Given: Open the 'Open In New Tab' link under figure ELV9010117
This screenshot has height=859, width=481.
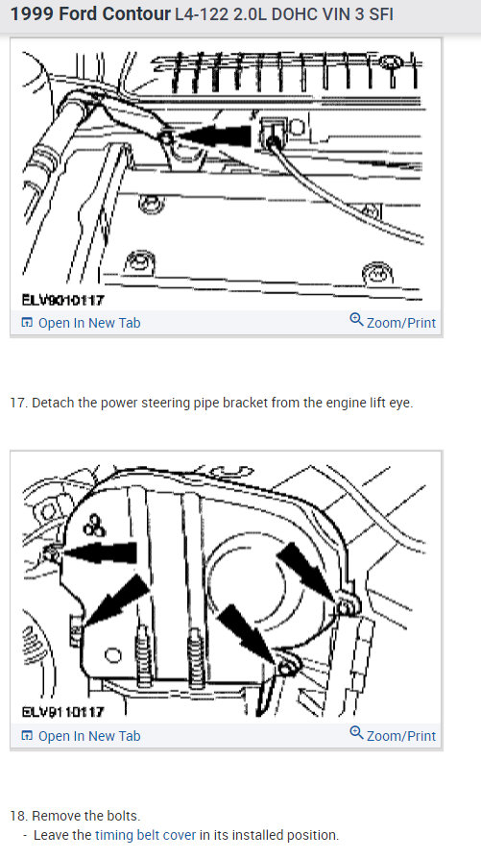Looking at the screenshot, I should click(88, 323).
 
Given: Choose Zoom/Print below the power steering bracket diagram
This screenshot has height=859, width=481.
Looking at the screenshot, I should click(400, 323).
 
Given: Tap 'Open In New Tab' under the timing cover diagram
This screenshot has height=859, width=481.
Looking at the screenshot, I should click(88, 736).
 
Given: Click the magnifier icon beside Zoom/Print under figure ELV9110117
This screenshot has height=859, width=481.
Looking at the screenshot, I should click(356, 734).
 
